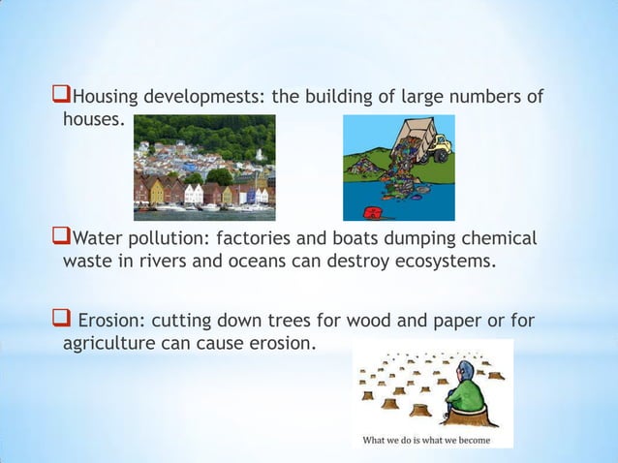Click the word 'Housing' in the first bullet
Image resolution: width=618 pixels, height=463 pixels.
pyautogui.click(x=106, y=98)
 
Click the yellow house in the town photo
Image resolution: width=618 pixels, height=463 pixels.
pyautogui.click(x=156, y=191)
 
